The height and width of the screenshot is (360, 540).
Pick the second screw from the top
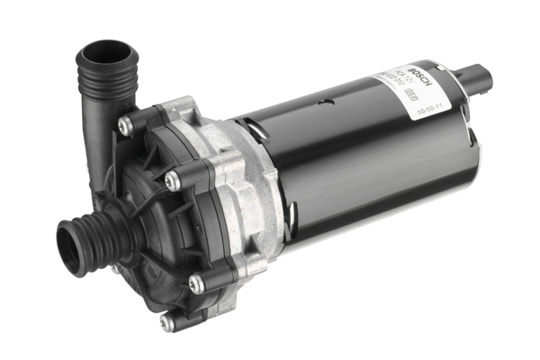[174, 179]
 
